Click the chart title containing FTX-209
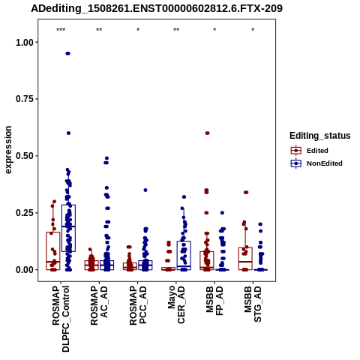click(x=157, y=8)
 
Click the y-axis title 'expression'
click(x=8, y=150)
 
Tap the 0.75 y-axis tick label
click(x=25, y=99)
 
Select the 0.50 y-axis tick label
click(x=25, y=156)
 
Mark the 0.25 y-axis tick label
click(x=25, y=213)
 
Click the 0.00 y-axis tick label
click(x=25, y=270)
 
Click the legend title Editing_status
click(x=319, y=136)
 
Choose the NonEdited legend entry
click(x=316, y=163)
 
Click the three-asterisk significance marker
click(x=61, y=30)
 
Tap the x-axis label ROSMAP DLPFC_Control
click(x=61, y=319)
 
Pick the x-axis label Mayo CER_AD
click(x=176, y=304)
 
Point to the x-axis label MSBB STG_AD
click(x=253, y=304)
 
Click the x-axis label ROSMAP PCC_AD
click(x=138, y=305)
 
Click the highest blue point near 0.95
click(x=67, y=53)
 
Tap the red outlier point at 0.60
click(x=207, y=133)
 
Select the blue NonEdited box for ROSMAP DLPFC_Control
click(x=68, y=228)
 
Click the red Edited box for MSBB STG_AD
click(x=245, y=259)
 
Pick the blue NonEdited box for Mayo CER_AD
click(x=184, y=256)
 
